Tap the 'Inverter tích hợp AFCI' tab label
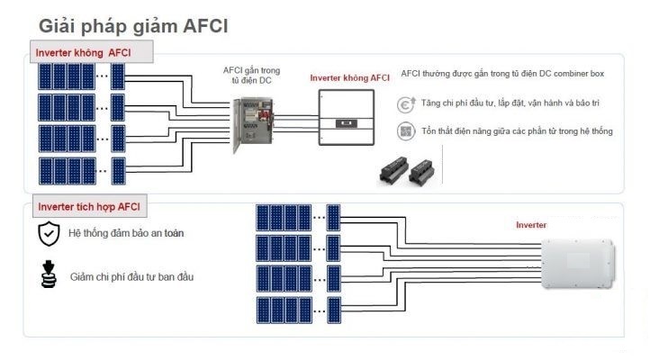tap(88, 207)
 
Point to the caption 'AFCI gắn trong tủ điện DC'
tap(252, 75)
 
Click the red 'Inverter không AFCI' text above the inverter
tap(349, 78)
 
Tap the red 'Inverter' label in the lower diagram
tap(530, 225)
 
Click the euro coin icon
tap(406, 104)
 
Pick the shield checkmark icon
tap(48, 234)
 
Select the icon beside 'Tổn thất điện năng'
tap(406, 131)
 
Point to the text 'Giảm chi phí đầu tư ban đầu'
tap(131, 276)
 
